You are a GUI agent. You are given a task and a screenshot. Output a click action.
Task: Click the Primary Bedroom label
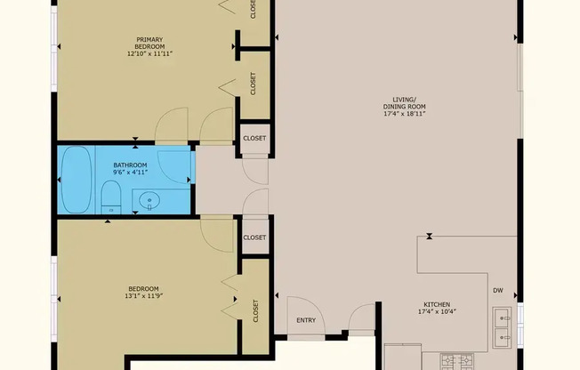coord(149,43)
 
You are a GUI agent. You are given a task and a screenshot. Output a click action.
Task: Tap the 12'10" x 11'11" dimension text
coord(149,53)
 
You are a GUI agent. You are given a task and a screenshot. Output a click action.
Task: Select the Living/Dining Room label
coord(404,103)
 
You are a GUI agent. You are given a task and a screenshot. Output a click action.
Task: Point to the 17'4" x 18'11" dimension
coord(405,114)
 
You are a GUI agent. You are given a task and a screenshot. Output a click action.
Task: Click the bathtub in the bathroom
coord(77,180)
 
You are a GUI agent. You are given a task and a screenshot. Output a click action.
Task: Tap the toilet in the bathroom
coord(111,197)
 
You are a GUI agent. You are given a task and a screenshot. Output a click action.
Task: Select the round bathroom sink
coord(149,201)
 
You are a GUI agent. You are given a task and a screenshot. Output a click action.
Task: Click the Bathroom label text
coord(130,165)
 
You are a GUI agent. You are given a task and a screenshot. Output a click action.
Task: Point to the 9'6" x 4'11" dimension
coord(130,172)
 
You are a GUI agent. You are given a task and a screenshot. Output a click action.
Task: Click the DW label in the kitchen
coord(498,291)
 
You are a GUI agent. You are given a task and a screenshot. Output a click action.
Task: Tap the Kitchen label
coord(437,304)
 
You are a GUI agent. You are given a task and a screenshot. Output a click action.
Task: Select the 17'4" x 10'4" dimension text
coord(437,311)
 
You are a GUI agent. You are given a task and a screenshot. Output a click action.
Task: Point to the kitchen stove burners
coord(457,362)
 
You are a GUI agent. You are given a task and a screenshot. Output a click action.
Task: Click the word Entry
coord(306,320)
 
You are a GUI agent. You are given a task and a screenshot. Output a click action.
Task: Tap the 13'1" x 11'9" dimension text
coord(144,296)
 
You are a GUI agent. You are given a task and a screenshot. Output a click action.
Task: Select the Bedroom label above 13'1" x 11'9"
coord(143,289)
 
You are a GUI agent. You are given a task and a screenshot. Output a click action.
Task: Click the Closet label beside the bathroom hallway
coord(254,139)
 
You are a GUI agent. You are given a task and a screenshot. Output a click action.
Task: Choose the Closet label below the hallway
coord(254,237)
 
